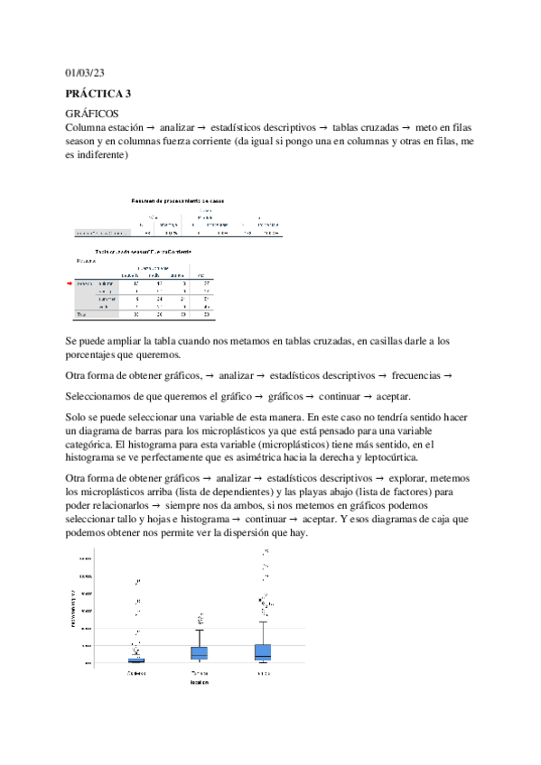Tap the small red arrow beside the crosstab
tap(69, 282)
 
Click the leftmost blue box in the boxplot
tap(136, 659)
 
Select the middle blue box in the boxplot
tap(199, 653)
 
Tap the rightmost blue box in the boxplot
tap(263, 651)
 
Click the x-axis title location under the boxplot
tap(201, 683)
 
